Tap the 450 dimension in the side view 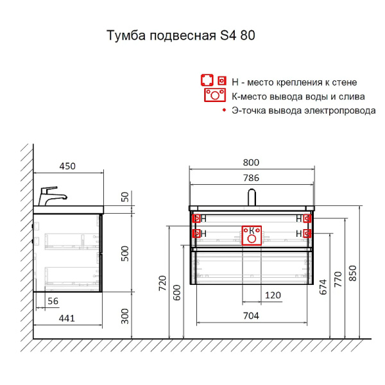coord(67,166)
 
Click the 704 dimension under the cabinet coord(251,315)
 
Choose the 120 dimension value coord(273,296)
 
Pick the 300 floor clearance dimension coord(126,315)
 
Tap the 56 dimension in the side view coord(53,302)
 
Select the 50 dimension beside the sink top coord(126,197)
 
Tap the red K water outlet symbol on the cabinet coord(252,235)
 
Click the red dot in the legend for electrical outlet coord(224,110)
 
